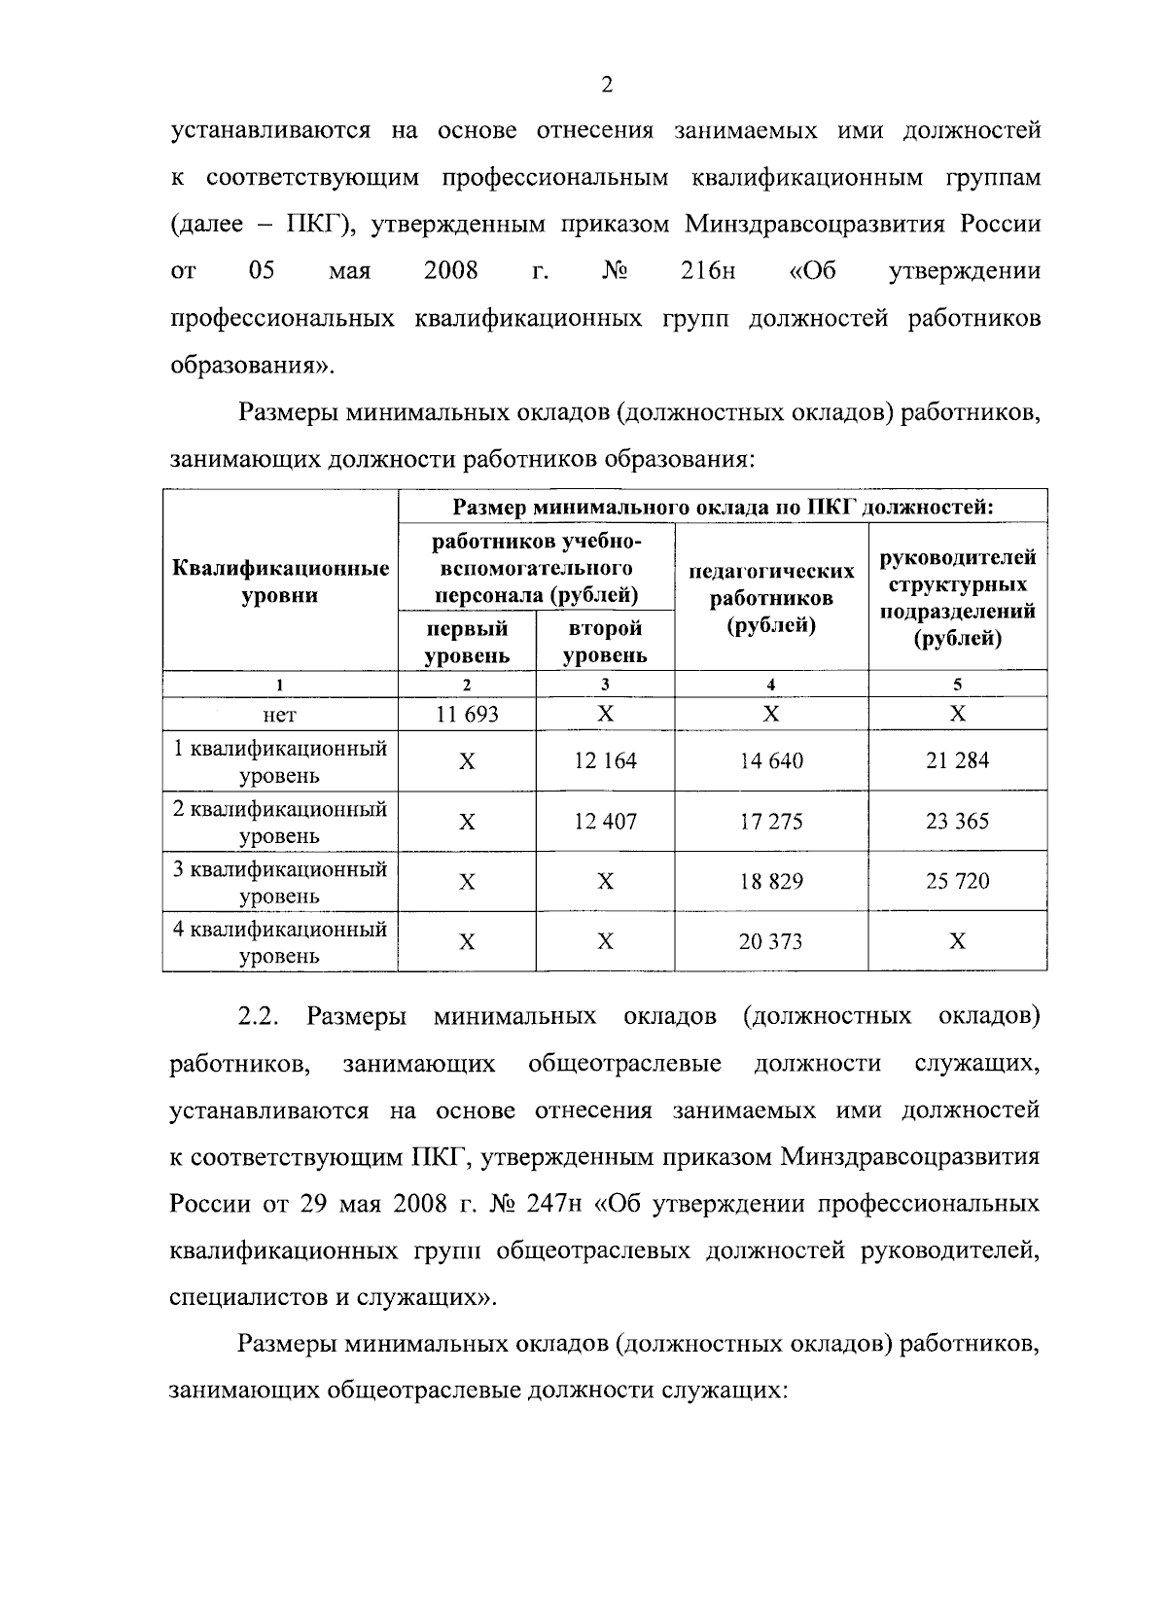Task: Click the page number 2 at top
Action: pyautogui.click(x=607, y=85)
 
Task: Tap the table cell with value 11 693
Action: pyautogui.click(x=467, y=714)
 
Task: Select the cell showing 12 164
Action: pyautogui.click(x=605, y=760)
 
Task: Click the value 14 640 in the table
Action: pyautogui.click(x=771, y=760)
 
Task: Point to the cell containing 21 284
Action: pyautogui.click(x=957, y=760)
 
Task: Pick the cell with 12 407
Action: pyautogui.click(x=605, y=821)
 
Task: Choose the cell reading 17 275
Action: pyautogui.click(x=771, y=821)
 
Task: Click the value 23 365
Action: pyautogui.click(x=957, y=821)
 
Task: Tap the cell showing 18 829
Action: pyautogui.click(x=771, y=881)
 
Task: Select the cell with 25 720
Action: pyautogui.click(x=957, y=881)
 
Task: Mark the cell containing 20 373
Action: pyautogui.click(x=771, y=941)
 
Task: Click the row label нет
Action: pyautogui.click(x=280, y=715)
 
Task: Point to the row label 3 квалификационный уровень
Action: pyautogui.click(x=280, y=882)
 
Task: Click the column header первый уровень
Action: pyautogui.click(x=467, y=642)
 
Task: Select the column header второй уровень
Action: pyautogui.click(x=605, y=642)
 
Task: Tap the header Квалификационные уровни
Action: pyautogui.click(x=280, y=581)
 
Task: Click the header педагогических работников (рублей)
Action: pyautogui.click(x=771, y=597)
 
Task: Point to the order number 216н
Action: pyautogui.click(x=708, y=270)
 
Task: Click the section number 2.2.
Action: pyautogui.click(x=259, y=1016)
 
